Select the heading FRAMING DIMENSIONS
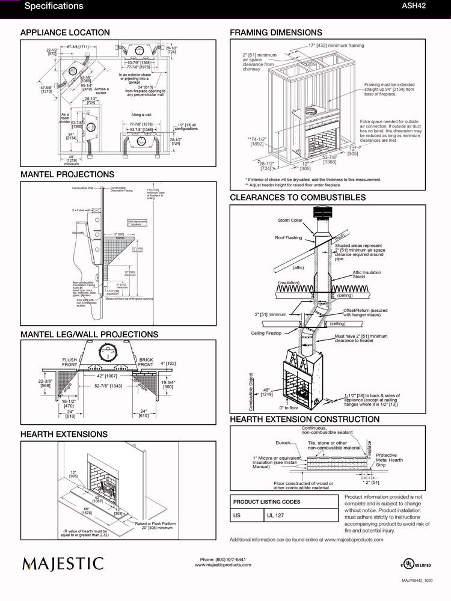point(276,32)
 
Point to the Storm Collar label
point(290,220)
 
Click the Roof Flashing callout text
point(288,238)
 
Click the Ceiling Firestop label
point(266,333)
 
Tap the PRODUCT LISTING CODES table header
point(266,501)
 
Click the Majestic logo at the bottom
point(63,564)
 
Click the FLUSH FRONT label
point(70,362)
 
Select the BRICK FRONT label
point(146,362)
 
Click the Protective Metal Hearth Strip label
point(386,460)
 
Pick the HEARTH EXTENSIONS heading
point(64,434)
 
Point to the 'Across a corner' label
point(102,91)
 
